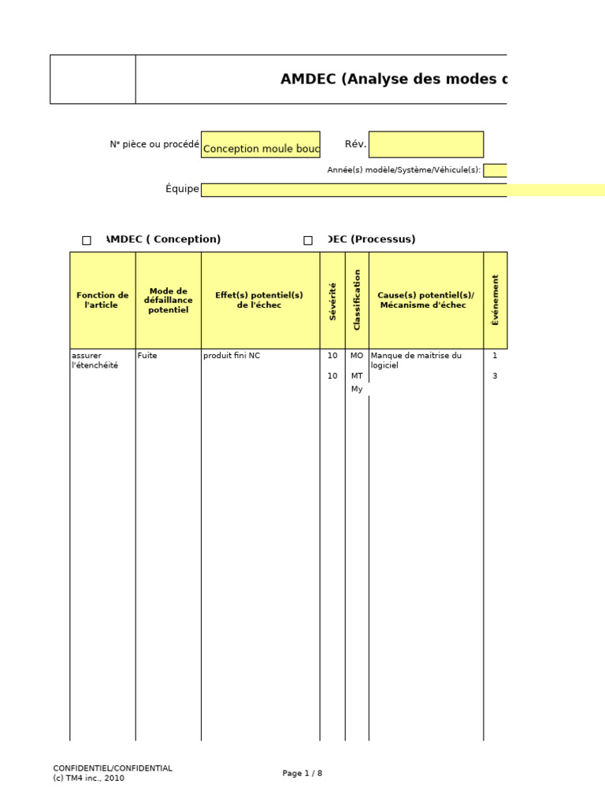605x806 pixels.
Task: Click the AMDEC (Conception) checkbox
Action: pos(87,241)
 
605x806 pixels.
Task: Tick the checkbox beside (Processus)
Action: pos(308,241)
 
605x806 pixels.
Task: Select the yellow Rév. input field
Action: pos(426,145)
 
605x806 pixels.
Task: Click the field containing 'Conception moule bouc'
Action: pos(260,145)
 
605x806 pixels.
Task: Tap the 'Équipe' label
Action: pos(182,189)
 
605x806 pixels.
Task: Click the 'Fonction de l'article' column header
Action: pos(102,300)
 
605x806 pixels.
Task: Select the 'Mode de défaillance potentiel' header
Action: pos(169,300)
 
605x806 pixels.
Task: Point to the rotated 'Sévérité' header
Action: pos(332,301)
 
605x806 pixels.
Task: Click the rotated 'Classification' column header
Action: pos(357,300)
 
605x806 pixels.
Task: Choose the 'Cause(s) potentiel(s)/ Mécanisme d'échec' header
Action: pos(426,300)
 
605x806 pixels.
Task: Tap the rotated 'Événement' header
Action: pos(495,300)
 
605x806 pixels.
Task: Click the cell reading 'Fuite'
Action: pos(147,355)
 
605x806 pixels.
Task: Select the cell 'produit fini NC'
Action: pos(232,355)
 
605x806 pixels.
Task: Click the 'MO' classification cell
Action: pos(357,355)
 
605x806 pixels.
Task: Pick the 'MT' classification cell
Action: pos(357,375)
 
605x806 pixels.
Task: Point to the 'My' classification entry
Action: pos(357,389)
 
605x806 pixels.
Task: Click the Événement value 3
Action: pos(495,375)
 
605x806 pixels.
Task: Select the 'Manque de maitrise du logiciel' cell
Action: pos(416,360)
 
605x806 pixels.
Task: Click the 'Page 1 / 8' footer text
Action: pos(302,773)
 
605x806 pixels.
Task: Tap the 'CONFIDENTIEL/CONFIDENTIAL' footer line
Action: pos(113,768)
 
